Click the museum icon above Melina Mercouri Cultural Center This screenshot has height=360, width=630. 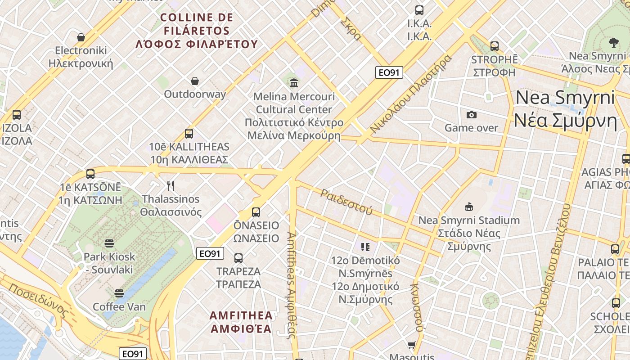tap(294, 83)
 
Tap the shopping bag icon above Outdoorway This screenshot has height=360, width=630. tap(195, 81)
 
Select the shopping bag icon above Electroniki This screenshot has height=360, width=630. tap(81, 37)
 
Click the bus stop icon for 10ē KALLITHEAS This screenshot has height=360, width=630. tap(189, 134)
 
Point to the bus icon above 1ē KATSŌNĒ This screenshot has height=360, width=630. tap(90, 174)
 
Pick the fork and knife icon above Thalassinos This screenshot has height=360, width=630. tap(171, 185)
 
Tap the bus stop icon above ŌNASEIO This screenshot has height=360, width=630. tap(256, 212)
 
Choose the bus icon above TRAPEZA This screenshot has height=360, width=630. tap(238, 258)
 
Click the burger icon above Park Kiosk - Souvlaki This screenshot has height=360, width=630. tap(109, 243)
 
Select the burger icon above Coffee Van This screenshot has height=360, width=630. tap(119, 293)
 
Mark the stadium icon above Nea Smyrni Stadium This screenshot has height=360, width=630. tap(469, 207)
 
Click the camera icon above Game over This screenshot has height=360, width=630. tap(471, 115)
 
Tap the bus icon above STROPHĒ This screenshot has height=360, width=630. tap(495, 46)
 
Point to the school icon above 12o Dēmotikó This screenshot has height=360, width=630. tap(365, 247)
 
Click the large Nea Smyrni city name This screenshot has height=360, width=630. tap(565, 109)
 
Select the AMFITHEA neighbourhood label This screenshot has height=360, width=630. tap(241, 322)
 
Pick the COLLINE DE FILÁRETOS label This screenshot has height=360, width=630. tap(197, 31)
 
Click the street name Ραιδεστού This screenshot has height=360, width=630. tap(346, 201)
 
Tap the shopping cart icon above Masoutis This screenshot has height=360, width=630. tap(411, 345)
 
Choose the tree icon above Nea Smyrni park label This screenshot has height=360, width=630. tap(613, 43)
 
